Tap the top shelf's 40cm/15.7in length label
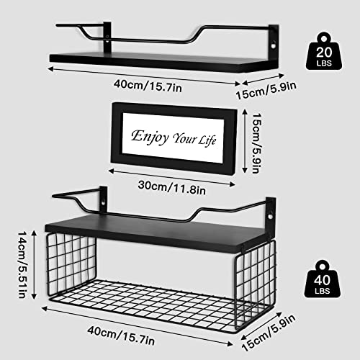click(x=148, y=86)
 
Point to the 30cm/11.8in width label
click(x=172, y=188)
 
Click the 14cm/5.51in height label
click(x=22, y=264)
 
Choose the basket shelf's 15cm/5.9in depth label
click(x=269, y=333)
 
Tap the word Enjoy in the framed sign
click(x=150, y=138)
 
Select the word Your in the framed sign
click(x=184, y=138)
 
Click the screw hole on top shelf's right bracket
click(x=274, y=45)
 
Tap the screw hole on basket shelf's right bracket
click(x=271, y=217)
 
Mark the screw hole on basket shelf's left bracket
click(x=103, y=203)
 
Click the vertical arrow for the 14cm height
click(x=34, y=264)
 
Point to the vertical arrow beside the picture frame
click(x=245, y=141)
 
